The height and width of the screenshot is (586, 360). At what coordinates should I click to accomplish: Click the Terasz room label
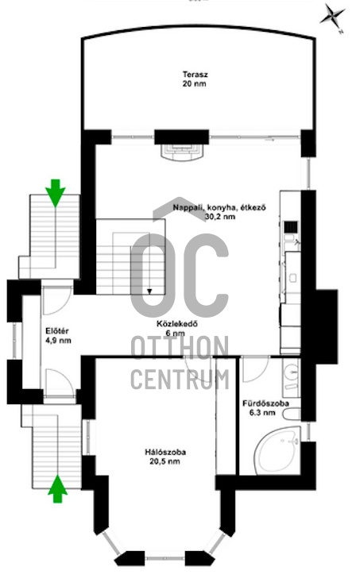pos(193,75)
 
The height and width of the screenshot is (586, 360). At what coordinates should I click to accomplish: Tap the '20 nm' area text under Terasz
pos(193,83)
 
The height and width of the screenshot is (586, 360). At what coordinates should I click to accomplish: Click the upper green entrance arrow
pos(55,191)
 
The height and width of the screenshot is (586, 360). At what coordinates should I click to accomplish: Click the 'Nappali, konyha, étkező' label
pos(219,208)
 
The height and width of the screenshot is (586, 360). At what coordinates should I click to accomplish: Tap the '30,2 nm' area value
pos(219,217)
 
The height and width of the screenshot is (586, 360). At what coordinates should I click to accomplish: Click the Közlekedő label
pos(176,324)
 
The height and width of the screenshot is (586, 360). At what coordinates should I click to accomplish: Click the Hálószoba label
pos(166,453)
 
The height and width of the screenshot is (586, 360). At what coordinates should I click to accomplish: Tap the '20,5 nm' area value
pos(166,461)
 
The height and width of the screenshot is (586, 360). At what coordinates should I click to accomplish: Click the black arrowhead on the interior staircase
pos(148,291)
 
